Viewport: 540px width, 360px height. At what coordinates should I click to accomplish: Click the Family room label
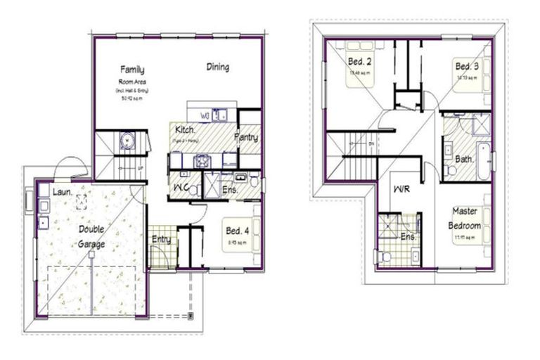click(132, 70)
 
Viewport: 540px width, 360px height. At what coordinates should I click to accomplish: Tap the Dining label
click(217, 67)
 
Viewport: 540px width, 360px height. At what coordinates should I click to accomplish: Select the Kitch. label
click(185, 131)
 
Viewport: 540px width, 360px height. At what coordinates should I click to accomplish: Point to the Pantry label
click(246, 138)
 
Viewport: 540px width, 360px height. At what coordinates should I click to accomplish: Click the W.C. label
click(180, 189)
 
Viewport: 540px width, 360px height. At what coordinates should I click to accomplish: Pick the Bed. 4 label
click(236, 230)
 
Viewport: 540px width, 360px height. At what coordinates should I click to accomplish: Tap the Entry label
click(161, 240)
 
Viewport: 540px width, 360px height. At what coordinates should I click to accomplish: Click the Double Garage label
click(91, 237)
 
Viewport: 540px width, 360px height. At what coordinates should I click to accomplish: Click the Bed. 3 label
click(466, 65)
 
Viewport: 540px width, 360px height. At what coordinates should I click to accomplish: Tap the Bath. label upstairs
click(464, 160)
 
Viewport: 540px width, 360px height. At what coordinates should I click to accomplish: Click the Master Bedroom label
click(466, 219)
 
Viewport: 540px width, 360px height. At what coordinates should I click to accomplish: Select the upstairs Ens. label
click(409, 237)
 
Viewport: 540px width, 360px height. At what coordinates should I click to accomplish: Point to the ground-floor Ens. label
click(230, 190)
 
